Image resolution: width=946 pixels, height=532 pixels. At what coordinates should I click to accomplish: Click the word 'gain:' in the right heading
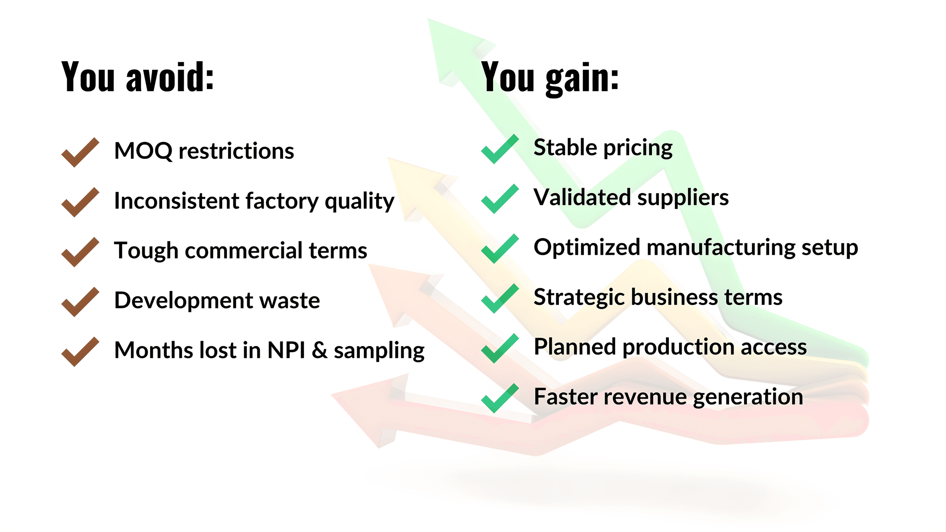click(x=582, y=78)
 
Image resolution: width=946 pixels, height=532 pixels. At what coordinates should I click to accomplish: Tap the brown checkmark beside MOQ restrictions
click(x=80, y=152)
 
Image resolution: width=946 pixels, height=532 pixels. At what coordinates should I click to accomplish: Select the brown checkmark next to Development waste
click(x=80, y=302)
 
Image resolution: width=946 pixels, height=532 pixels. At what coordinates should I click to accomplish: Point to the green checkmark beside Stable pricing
click(x=500, y=149)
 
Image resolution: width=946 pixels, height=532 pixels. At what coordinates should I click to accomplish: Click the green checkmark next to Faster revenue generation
click(x=500, y=398)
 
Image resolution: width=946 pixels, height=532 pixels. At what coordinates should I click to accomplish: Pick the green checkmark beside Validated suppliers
click(x=500, y=199)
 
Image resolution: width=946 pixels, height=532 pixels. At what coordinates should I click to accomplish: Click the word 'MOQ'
click(x=143, y=151)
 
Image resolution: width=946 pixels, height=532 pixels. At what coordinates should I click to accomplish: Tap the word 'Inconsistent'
click(x=177, y=200)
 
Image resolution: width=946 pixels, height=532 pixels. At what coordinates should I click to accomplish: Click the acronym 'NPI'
click(x=287, y=350)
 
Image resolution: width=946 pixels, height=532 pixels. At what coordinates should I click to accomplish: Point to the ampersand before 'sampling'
click(x=320, y=350)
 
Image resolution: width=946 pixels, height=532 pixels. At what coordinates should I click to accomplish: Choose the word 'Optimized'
click(x=587, y=248)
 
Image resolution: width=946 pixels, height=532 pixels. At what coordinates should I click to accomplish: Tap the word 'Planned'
click(x=575, y=347)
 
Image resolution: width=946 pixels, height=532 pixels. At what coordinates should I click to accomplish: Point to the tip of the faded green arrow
click(x=428, y=19)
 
